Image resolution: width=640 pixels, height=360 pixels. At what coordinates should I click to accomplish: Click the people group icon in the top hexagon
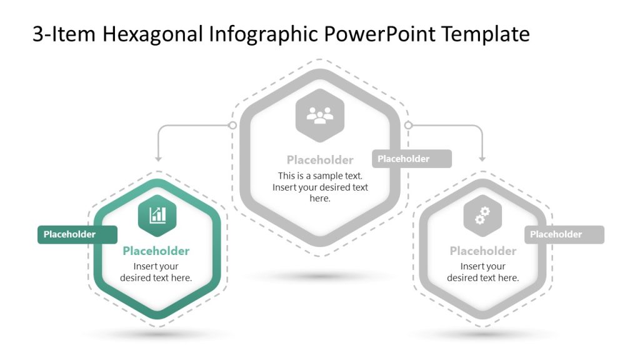click(x=320, y=115)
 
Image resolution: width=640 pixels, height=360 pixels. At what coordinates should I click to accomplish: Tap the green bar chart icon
click(x=157, y=216)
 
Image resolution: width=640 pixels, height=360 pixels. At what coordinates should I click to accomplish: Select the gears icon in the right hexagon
click(x=482, y=216)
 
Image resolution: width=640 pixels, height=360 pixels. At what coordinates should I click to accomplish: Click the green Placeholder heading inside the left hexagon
click(x=156, y=251)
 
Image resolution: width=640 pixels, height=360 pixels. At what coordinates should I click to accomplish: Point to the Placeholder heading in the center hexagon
click(x=320, y=160)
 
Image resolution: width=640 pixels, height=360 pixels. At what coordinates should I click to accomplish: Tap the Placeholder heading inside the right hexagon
click(x=482, y=251)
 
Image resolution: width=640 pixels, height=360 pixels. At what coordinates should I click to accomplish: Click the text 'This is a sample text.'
click(x=320, y=176)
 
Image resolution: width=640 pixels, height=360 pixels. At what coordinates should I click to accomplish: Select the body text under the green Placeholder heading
click(x=156, y=272)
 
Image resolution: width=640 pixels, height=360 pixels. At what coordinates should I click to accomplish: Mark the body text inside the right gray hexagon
click(x=482, y=272)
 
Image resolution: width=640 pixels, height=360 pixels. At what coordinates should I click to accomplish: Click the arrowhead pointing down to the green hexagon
click(x=157, y=159)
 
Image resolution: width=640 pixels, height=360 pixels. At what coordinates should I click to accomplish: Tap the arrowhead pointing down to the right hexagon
click(x=482, y=159)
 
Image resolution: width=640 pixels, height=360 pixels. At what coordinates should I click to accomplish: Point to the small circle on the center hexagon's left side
click(x=232, y=126)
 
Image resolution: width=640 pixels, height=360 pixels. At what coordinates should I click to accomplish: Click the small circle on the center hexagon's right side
click(x=408, y=126)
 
